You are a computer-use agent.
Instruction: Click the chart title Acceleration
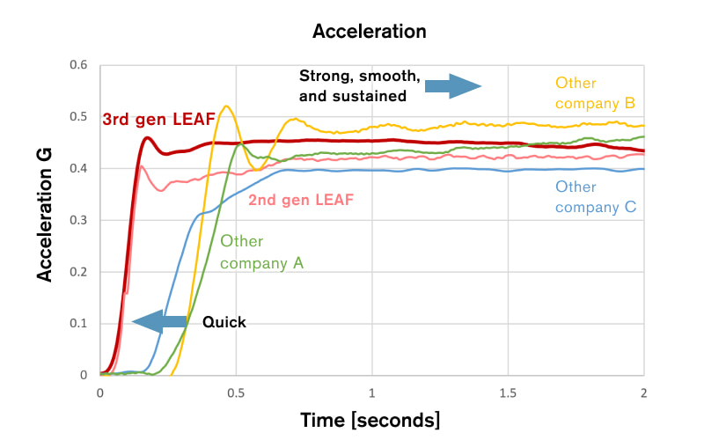click(369, 32)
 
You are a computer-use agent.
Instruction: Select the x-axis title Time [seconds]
click(370, 420)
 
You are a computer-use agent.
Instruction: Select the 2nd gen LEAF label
click(301, 200)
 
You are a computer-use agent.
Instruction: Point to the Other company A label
click(261, 252)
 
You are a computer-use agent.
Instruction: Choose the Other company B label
click(594, 92)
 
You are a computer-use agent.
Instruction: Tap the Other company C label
click(594, 197)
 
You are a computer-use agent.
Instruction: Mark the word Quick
click(224, 322)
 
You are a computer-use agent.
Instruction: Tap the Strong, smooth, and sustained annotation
click(360, 85)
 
